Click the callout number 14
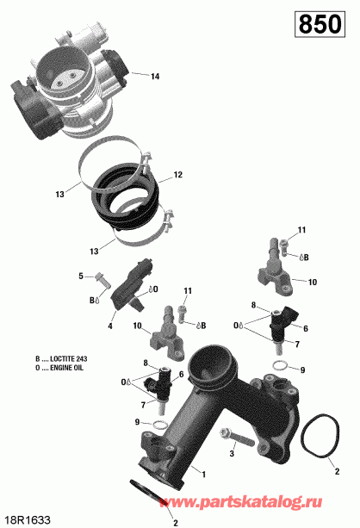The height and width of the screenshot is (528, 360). click(155, 77)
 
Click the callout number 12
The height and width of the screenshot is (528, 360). click(178, 175)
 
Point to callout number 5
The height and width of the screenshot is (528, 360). click(82, 276)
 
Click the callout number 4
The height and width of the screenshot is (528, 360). click(110, 326)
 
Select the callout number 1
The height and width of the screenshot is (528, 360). click(203, 474)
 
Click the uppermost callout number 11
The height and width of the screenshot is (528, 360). click(302, 229)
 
